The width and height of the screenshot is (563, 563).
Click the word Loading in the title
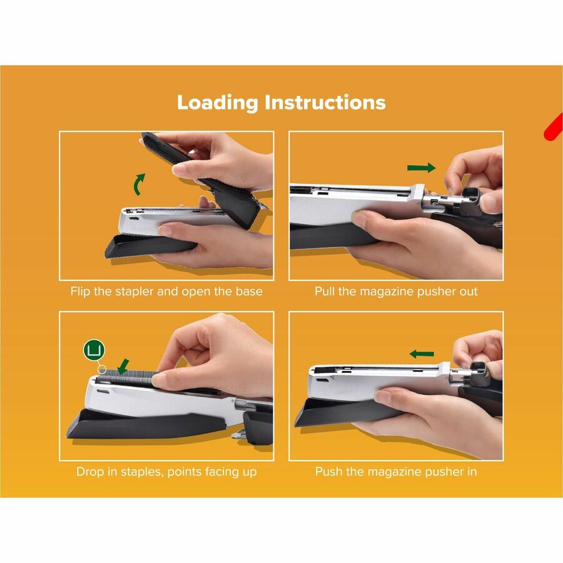pos(217,103)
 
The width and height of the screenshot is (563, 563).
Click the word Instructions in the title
pos(325,102)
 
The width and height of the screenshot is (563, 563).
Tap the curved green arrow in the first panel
pos(139,185)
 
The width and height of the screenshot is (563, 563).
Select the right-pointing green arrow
pos(421,168)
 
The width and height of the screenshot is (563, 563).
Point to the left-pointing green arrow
pos(422,354)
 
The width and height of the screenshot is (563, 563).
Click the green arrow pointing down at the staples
pos(123,366)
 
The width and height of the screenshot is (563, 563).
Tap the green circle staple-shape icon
pos(94,350)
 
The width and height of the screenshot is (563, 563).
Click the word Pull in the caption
pos(325,291)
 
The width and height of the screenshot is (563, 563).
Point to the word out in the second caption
pos(468,292)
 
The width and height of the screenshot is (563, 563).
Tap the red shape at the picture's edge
pos(555,128)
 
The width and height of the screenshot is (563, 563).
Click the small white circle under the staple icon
pos(102,369)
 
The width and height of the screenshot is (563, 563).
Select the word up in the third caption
pos(250,472)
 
